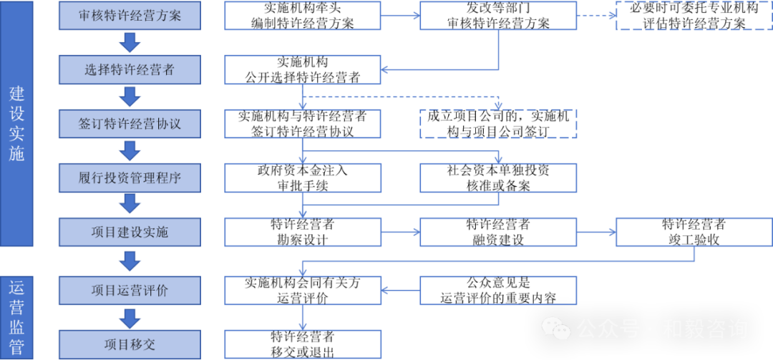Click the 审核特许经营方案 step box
(130, 16)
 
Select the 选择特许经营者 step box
(130, 70)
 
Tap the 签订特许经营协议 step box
(130, 124)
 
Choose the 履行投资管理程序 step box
(130, 177)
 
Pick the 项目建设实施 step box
(130, 232)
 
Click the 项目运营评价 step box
(130, 291)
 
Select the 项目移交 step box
(130, 344)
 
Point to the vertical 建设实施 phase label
(16, 123)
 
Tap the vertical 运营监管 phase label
(16, 317)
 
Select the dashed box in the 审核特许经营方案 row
(694, 16)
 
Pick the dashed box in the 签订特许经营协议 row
(498, 124)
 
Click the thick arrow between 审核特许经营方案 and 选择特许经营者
(130, 43)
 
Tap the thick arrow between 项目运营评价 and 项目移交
(130, 317)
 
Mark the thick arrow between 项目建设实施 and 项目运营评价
(130, 261)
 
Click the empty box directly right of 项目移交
(303, 344)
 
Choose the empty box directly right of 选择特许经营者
(303, 70)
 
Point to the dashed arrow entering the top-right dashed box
(595, 16)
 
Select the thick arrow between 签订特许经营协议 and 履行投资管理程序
(130, 150)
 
